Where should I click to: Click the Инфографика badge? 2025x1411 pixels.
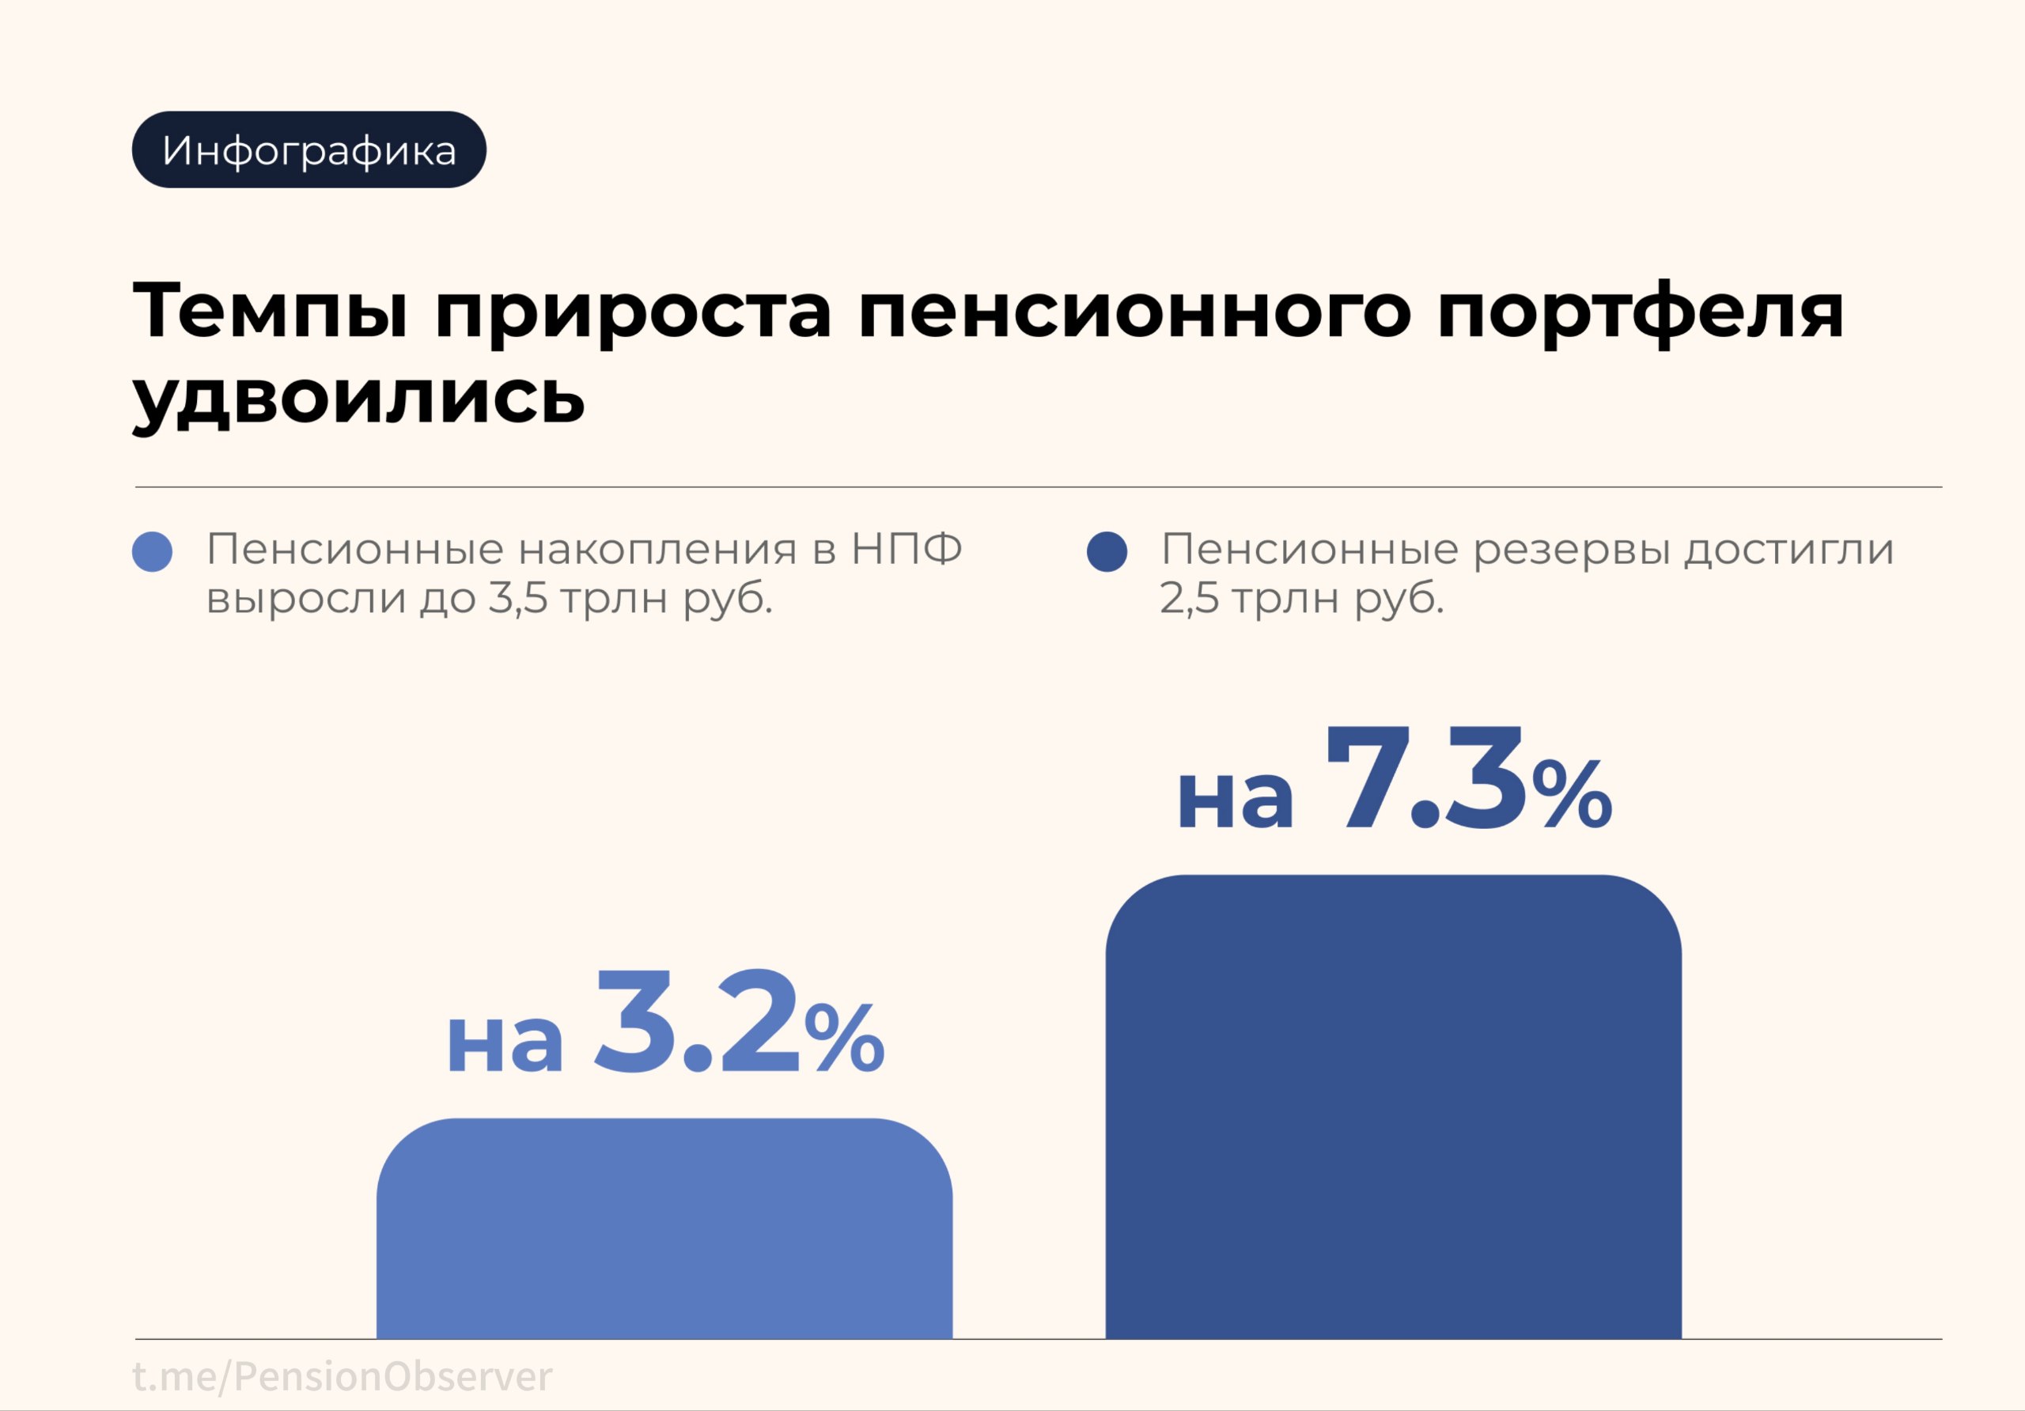click(x=308, y=150)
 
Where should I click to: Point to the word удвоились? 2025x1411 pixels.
click(x=359, y=397)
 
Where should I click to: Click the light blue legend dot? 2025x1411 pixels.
click(x=152, y=552)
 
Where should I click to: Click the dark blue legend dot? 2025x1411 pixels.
click(x=1107, y=552)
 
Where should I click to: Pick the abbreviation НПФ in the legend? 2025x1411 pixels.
click(x=906, y=550)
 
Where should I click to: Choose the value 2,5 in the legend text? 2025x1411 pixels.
click(x=1189, y=599)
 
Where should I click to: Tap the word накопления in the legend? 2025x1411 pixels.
click(x=657, y=550)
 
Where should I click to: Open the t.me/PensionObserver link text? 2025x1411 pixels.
click(x=343, y=1375)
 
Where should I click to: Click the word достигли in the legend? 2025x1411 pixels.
click(x=1789, y=550)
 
